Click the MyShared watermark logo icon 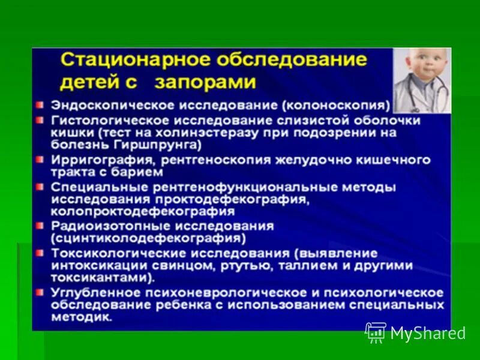376,332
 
